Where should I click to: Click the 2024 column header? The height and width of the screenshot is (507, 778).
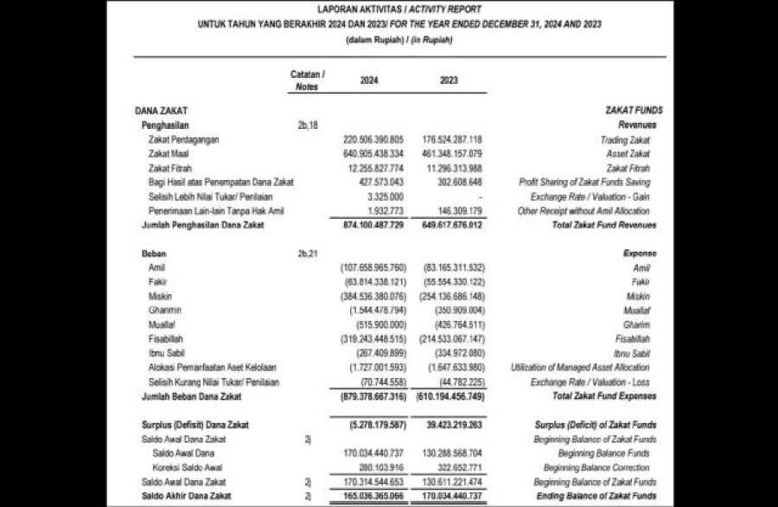pyautogui.click(x=369, y=80)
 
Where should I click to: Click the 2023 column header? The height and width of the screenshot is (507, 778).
pyautogui.click(x=449, y=80)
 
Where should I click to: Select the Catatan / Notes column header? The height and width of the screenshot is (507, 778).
pyautogui.click(x=307, y=80)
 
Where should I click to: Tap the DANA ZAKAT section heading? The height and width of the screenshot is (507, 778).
pyautogui.click(x=162, y=111)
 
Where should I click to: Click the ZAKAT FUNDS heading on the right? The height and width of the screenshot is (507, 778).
pyautogui.click(x=635, y=111)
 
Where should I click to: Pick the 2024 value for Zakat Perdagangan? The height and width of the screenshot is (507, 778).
pyautogui.click(x=373, y=139)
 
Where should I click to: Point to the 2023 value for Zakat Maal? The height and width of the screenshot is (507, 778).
pyautogui.click(x=452, y=154)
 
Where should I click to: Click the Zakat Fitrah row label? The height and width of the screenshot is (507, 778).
pyautogui.click(x=170, y=168)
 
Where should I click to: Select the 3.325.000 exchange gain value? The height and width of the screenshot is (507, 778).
pyautogui.click(x=381, y=196)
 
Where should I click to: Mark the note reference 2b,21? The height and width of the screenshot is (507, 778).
pyautogui.click(x=307, y=254)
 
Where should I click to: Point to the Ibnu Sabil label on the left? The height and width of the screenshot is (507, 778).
pyautogui.click(x=167, y=353)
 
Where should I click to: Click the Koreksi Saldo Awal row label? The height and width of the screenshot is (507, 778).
pyautogui.click(x=183, y=467)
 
